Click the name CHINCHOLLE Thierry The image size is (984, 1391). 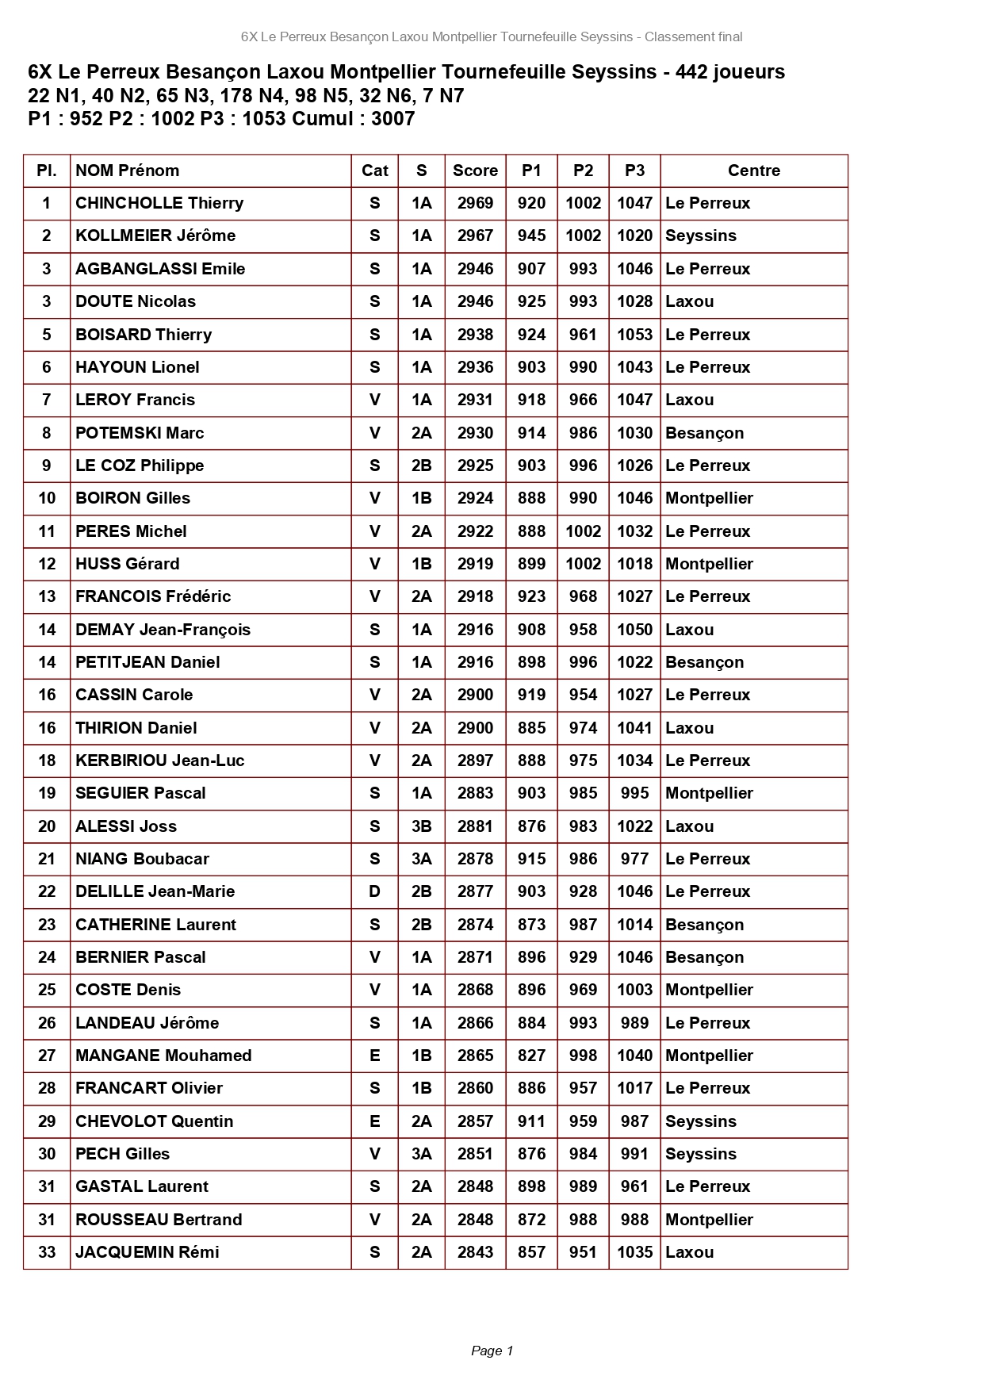[159, 203]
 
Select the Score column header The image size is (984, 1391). [475, 171]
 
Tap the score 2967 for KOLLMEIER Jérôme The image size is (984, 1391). [475, 236]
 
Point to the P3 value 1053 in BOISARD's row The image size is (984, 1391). [634, 335]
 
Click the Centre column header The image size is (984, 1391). [753, 171]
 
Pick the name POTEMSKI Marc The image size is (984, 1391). [140, 433]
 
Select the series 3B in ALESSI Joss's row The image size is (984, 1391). [421, 826]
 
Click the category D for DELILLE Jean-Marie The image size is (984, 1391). [374, 891]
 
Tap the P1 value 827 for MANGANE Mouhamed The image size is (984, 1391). [531, 1056]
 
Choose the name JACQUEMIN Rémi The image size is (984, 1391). [147, 1252]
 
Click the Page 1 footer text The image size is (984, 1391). [492, 1351]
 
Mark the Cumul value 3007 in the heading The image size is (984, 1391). [393, 119]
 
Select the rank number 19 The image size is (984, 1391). [47, 793]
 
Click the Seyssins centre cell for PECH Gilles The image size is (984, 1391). [701, 1154]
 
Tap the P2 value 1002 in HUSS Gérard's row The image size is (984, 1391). [583, 564]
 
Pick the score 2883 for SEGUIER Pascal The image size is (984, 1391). [475, 793]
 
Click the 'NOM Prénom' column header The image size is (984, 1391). [128, 171]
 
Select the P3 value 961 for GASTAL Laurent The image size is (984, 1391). [634, 1186]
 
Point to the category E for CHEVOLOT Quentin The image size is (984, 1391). [374, 1121]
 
